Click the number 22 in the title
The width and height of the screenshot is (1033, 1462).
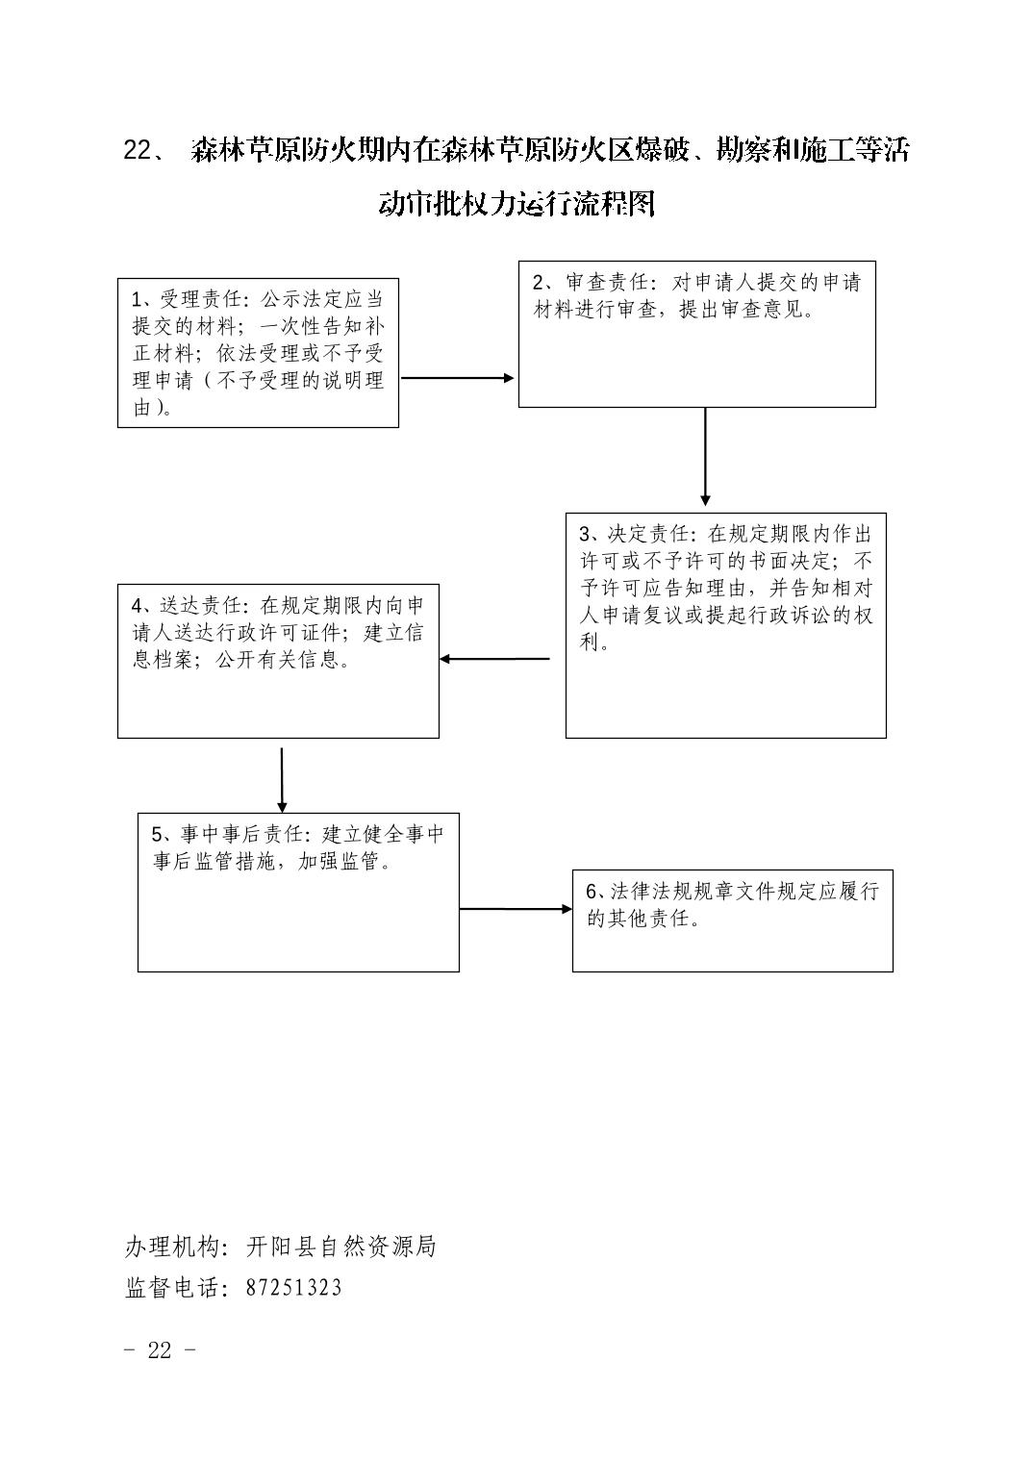[x=138, y=151]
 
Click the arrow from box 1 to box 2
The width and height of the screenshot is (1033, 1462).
[x=458, y=378]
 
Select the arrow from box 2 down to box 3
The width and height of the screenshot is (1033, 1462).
[x=705, y=457]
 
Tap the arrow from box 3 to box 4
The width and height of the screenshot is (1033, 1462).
[x=494, y=659]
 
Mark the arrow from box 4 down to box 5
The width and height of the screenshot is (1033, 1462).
[x=282, y=780]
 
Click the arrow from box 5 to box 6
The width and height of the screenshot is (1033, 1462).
[x=516, y=909]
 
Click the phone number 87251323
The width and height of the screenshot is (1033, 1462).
[x=294, y=1287]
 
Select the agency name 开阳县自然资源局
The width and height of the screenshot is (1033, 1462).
[x=340, y=1247]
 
